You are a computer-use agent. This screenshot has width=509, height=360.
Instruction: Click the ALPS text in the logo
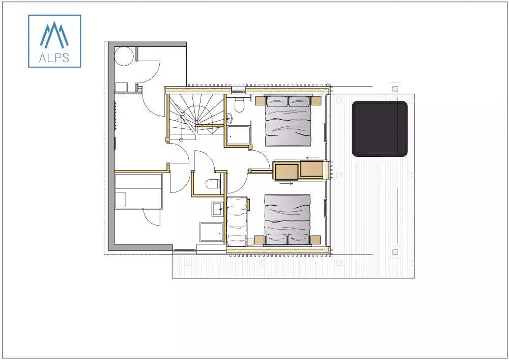point(54,57)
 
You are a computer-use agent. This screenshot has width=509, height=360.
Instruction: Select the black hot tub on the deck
point(380,129)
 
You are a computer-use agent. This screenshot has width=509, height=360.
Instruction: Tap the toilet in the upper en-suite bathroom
point(239,105)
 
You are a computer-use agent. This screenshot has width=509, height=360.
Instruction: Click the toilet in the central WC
point(212,184)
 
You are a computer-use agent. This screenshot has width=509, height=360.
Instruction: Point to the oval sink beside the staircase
point(230,119)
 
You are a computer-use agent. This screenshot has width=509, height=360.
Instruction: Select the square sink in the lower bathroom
point(217,208)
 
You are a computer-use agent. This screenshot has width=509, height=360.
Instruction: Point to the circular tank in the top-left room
point(124,56)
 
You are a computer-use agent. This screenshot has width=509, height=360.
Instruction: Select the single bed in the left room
point(138,191)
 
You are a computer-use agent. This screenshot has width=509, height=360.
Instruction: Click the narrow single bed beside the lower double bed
point(237,221)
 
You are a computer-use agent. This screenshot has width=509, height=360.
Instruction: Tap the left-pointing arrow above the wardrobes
point(313,158)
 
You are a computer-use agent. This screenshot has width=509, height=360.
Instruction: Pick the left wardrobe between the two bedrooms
point(287,171)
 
